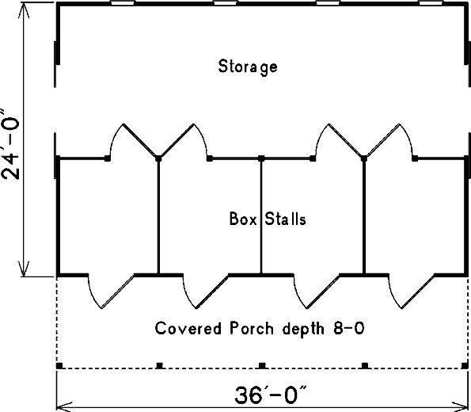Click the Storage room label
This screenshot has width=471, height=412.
pyautogui.click(x=248, y=67)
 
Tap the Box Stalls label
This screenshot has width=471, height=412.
pyautogui.click(x=268, y=219)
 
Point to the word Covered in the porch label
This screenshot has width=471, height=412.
pyautogui.click(x=188, y=328)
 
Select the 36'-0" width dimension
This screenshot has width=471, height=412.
pyautogui.click(x=271, y=395)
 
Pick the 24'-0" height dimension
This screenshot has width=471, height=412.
pyautogui.click(x=11, y=143)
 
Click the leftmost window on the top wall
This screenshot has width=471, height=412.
pyautogui.click(x=123, y=3)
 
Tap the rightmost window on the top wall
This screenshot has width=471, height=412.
pyautogui.click(x=431, y=3)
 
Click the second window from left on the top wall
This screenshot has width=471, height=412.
pyautogui.click(x=226, y=3)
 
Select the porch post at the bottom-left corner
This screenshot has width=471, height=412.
pyautogui.click(x=59, y=366)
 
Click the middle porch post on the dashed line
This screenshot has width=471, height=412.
pyautogui.click(x=262, y=366)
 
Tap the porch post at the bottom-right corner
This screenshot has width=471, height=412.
pyautogui.click(x=465, y=366)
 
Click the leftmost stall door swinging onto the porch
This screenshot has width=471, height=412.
pyautogui.click(x=118, y=292)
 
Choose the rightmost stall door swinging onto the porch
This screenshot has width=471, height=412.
pyautogui.click(x=418, y=292)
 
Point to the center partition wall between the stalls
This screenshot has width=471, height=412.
pyautogui.click(x=261, y=216)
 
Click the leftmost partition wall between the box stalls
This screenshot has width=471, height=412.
pyautogui.click(x=158, y=216)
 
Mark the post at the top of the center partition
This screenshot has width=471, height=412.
pyautogui.click(x=261, y=158)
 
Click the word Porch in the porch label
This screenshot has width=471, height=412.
pyautogui.click(x=252, y=328)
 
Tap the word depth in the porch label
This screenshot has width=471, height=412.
pyautogui.click(x=303, y=328)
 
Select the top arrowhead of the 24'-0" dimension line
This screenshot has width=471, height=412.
pyautogui.click(x=24, y=11)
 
